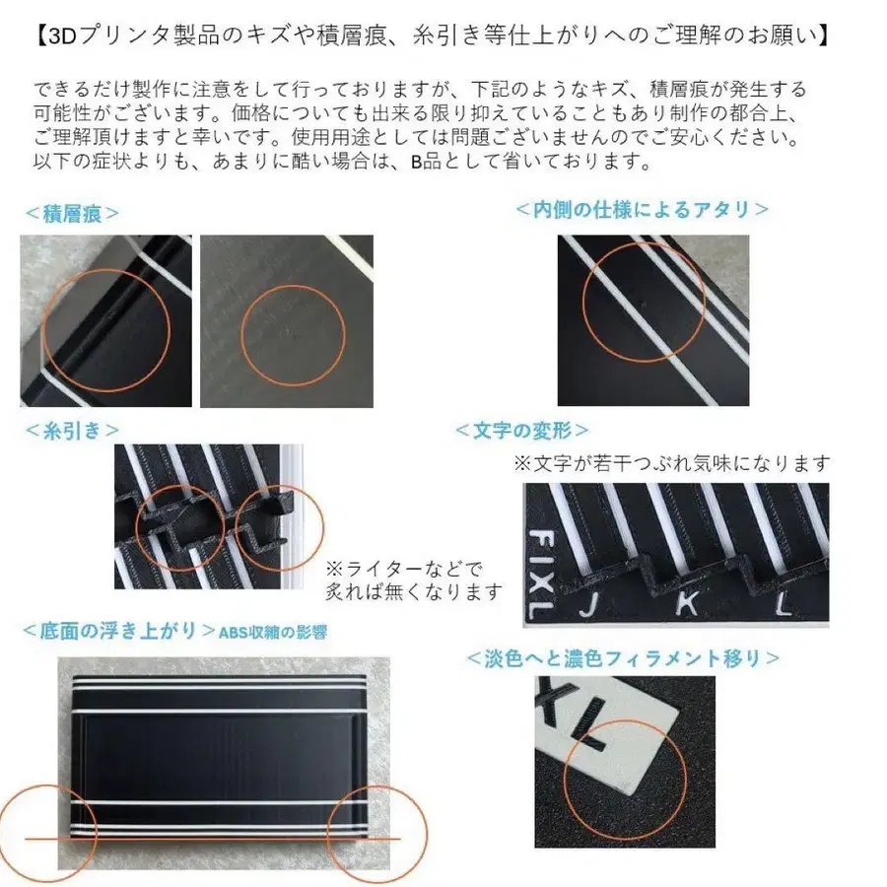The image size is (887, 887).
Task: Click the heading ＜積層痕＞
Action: click(x=71, y=213)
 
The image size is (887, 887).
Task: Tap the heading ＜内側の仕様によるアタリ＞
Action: click(x=642, y=209)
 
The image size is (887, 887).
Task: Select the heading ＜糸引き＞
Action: click(x=71, y=430)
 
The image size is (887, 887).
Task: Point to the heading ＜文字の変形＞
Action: click(x=522, y=430)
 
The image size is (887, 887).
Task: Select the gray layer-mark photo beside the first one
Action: click(x=286, y=320)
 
